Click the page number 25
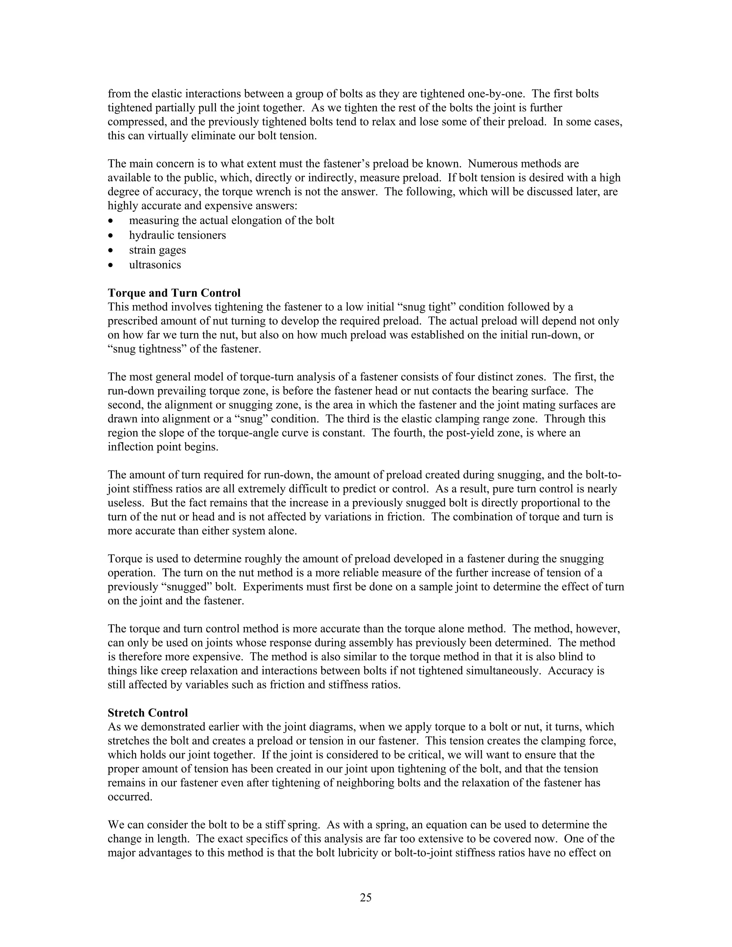click(x=366, y=898)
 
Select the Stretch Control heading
click(x=148, y=713)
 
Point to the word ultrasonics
click(x=155, y=265)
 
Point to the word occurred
click(x=130, y=797)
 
